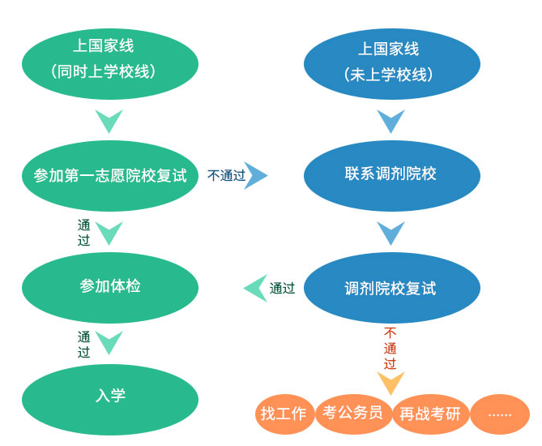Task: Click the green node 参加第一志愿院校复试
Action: click(110, 175)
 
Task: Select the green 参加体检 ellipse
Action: click(110, 287)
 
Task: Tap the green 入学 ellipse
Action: click(110, 397)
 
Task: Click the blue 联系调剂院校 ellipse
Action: click(390, 175)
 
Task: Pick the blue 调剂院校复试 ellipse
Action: click(390, 288)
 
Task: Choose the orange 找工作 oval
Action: click(284, 414)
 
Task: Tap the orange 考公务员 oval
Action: click(352, 413)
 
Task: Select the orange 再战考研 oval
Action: click(430, 414)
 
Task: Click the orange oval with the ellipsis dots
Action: click(500, 414)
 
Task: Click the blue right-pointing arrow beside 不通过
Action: click(256, 175)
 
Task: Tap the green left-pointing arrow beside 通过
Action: click(256, 288)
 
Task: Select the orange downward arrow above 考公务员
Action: click(390, 383)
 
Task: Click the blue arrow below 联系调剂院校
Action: click(390, 234)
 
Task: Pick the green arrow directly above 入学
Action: click(109, 343)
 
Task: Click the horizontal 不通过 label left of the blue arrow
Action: click(226, 175)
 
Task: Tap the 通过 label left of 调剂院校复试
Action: click(282, 288)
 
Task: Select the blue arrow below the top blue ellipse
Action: click(390, 122)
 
